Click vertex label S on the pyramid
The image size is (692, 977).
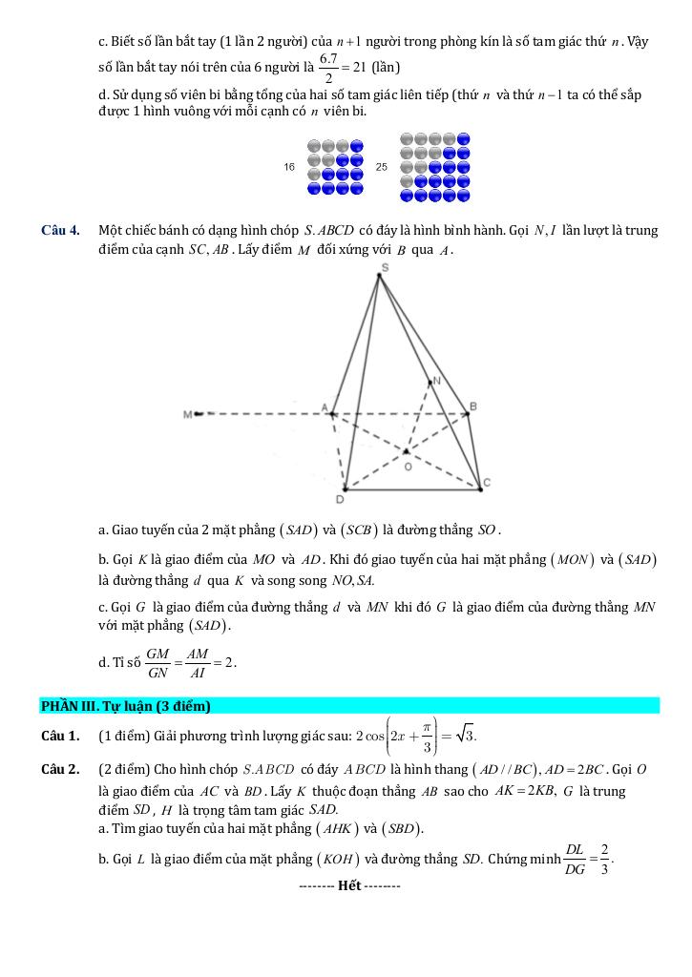tap(385, 268)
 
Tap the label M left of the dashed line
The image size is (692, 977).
tap(187, 414)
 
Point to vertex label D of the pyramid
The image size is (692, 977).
tap(340, 499)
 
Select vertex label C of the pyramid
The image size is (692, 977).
tap(486, 483)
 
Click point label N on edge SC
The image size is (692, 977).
tap(437, 381)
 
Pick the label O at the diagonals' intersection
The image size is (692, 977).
tap(409, 467)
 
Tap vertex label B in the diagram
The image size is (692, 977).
tap(472, 405)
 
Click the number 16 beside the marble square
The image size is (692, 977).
tap(289, 167)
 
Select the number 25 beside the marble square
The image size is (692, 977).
tap(382, 167)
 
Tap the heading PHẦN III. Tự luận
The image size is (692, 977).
tap(125, 706)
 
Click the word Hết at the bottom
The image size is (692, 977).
tap(349, 885)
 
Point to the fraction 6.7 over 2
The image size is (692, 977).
tap(329, 69)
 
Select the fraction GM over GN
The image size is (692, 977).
tap(158, 661)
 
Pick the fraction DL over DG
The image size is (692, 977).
tap(575, 858)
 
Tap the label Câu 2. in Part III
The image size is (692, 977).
tap(59, 769)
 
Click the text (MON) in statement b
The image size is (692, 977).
tap(572, 560)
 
